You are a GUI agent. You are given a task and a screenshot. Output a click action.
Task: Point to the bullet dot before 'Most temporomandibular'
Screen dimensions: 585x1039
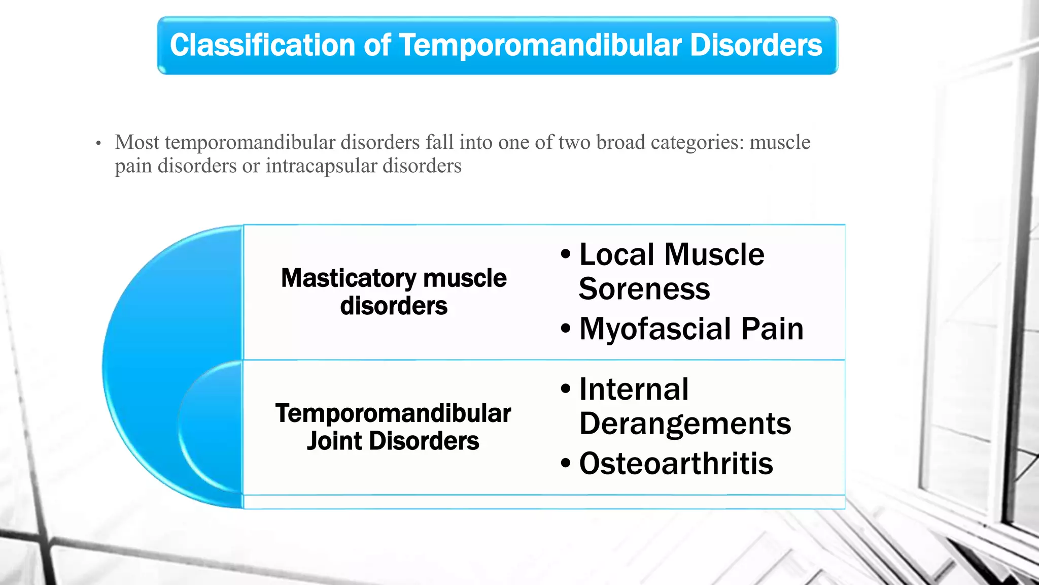98,144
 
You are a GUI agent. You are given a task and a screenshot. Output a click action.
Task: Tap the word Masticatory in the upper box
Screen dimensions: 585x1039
349,278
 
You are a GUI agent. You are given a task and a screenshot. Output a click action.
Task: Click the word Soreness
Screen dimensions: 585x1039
644,289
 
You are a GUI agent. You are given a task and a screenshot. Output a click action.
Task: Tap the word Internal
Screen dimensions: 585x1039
634,389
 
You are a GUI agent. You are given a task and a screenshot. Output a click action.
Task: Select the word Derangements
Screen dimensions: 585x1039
685,424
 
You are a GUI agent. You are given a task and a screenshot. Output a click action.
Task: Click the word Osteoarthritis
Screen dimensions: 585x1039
676,464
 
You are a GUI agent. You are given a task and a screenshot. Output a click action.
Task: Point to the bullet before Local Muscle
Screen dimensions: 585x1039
566,254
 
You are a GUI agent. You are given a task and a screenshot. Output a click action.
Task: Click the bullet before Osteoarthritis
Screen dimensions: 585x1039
566,464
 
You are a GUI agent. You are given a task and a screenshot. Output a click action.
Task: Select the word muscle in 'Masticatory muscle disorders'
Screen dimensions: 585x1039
464,278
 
